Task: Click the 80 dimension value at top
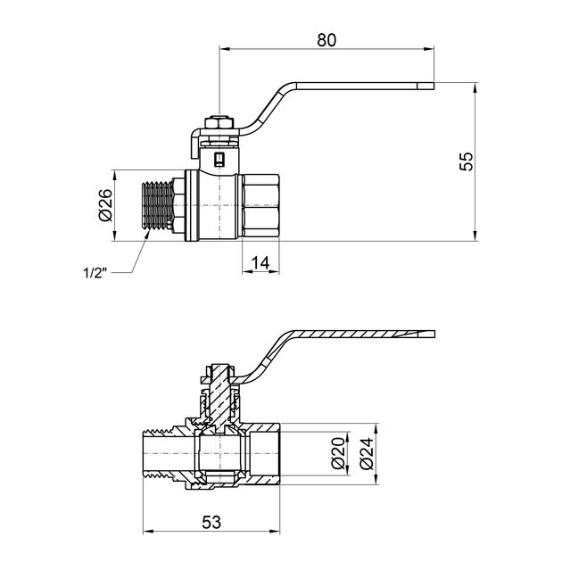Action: click(327, 39)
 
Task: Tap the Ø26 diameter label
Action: click(104, 206)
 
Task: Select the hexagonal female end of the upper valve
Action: click(261, 206)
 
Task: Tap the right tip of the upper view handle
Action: click(432, 86)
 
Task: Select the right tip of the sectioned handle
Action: click(432, 335)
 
